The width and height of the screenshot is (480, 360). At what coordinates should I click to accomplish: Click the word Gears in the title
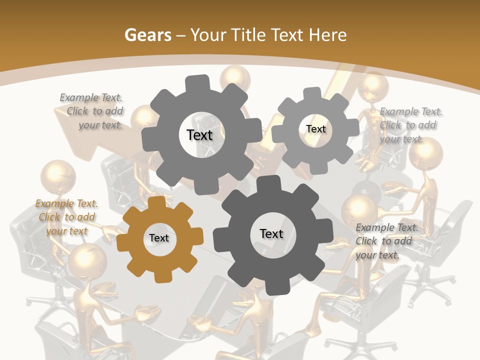tap(147, 35)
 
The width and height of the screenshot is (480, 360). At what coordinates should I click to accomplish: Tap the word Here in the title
tap(327, 35)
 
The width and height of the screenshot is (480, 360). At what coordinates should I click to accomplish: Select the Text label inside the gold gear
tap(159, 238)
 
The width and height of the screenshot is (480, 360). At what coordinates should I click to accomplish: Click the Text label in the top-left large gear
tap(200, 135)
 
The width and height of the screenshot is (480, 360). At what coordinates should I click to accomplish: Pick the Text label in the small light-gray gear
tap(316, 129)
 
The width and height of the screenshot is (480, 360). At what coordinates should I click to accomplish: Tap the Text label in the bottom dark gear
tap(271, 234)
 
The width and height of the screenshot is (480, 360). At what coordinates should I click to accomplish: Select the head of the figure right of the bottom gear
tap(359, 210)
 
